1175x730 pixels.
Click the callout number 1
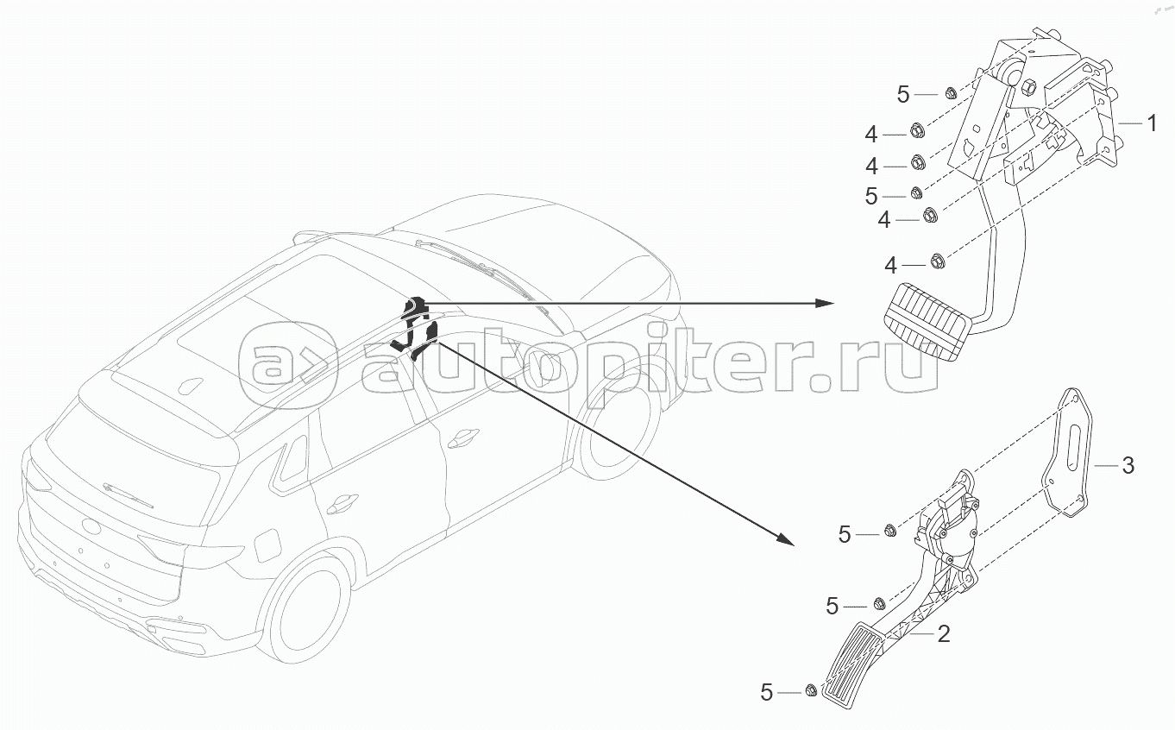click(x=1150, y=123)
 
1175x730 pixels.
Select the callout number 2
click(x=943, y=634)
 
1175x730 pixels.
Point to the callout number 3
click(x=1127, y=466)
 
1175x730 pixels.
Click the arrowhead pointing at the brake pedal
click(x=824, y=303)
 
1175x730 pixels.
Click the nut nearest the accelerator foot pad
click(x=811, y=691)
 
